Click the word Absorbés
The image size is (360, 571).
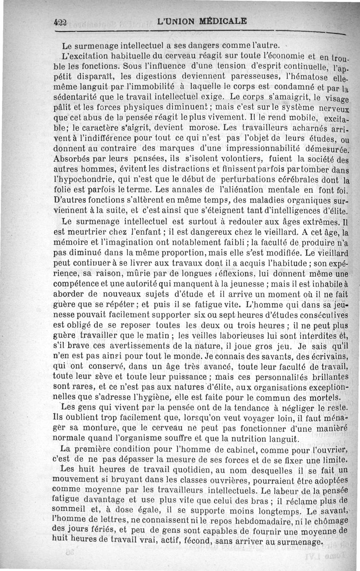(x=73, y=159)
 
